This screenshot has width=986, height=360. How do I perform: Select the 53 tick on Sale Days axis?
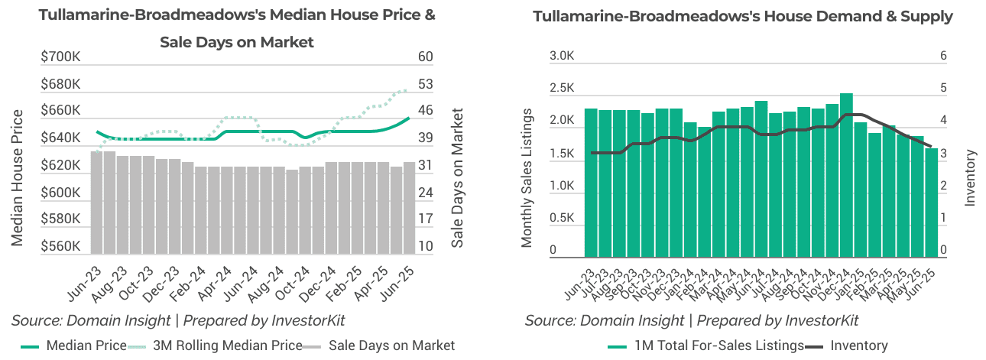tap(426, 84)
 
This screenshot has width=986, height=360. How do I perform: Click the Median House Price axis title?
tap(17, 177)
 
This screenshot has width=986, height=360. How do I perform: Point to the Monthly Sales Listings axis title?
tap(527, 177)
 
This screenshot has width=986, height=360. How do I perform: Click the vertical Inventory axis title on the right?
tap(971, 177)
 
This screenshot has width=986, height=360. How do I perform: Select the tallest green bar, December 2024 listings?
tap(846, 175)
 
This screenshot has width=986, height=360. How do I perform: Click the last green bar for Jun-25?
tap(931, 203)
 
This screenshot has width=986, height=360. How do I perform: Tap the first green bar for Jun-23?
tap(591, 183)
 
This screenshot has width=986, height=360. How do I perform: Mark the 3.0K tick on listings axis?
tap(562, 57)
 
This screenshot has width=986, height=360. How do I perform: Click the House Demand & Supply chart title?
tap(743, 16)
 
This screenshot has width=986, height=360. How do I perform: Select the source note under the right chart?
tap(692, 320)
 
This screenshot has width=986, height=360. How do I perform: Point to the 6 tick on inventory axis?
tap(943, 57)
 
